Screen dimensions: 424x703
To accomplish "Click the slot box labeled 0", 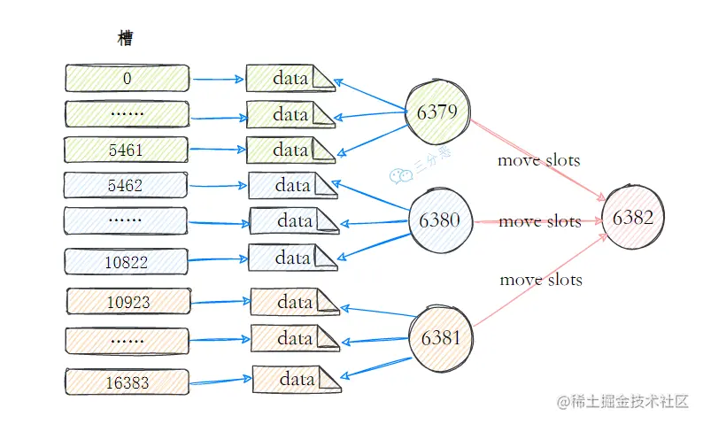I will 127,78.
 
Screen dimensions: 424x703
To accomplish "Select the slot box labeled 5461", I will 127,150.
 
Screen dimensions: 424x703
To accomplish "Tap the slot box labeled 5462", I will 126,186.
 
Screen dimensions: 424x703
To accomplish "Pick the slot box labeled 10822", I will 126,261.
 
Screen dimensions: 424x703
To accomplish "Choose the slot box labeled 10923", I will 128,302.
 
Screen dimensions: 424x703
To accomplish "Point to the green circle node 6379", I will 436,113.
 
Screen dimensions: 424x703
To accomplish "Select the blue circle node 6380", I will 439,220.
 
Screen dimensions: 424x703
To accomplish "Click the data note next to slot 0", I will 290,78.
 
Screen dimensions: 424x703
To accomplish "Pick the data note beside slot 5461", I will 290,150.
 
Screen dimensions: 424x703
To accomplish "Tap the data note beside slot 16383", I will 297,380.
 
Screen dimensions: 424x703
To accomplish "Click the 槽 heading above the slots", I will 127,38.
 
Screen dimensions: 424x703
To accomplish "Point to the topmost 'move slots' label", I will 538,160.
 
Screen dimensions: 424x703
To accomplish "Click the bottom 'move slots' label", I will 541,280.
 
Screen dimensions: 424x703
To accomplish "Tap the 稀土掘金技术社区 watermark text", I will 630,402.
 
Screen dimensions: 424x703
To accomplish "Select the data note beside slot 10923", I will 295,302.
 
